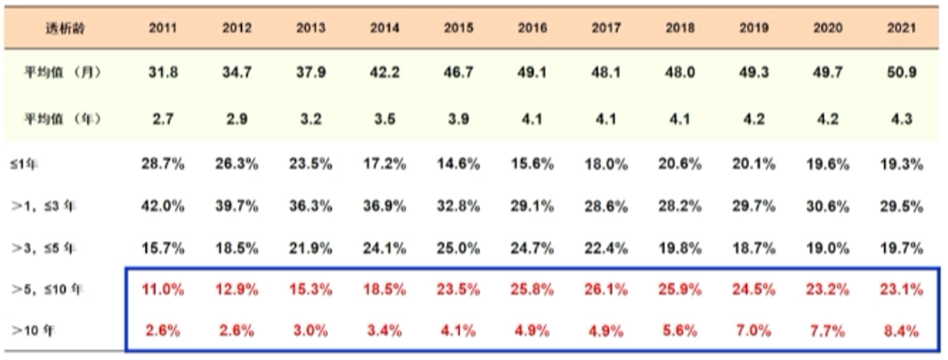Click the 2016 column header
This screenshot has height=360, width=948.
pos(532,28)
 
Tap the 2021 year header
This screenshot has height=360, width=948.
pos(901,28)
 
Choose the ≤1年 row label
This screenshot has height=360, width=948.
pos(24,165)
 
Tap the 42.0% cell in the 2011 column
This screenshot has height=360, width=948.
pos(164,205)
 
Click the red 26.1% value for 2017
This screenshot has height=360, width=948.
pos(607,290)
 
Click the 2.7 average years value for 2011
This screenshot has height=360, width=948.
pos(164,119)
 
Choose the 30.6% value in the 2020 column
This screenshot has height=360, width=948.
pos(827,205)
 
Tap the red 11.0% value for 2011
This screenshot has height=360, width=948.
pos(164,290)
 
